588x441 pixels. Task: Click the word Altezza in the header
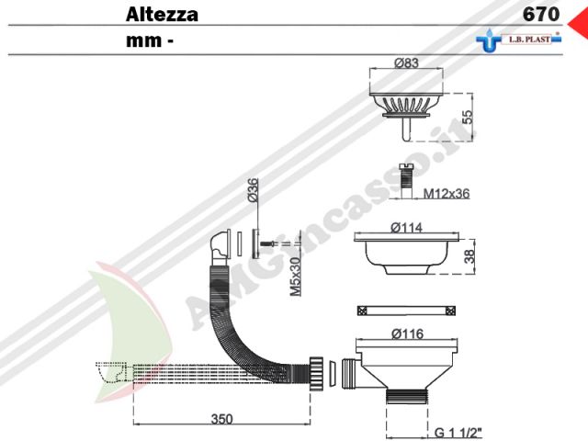162,15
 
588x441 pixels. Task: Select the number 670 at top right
541,15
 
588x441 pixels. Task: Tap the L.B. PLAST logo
519,40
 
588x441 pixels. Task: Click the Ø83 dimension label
406,63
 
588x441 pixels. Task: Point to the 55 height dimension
468,117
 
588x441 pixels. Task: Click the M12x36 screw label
447,194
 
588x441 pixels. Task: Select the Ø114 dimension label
406,228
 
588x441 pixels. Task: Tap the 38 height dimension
469,256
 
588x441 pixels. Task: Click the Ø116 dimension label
407,334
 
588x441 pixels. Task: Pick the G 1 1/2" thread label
458,433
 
